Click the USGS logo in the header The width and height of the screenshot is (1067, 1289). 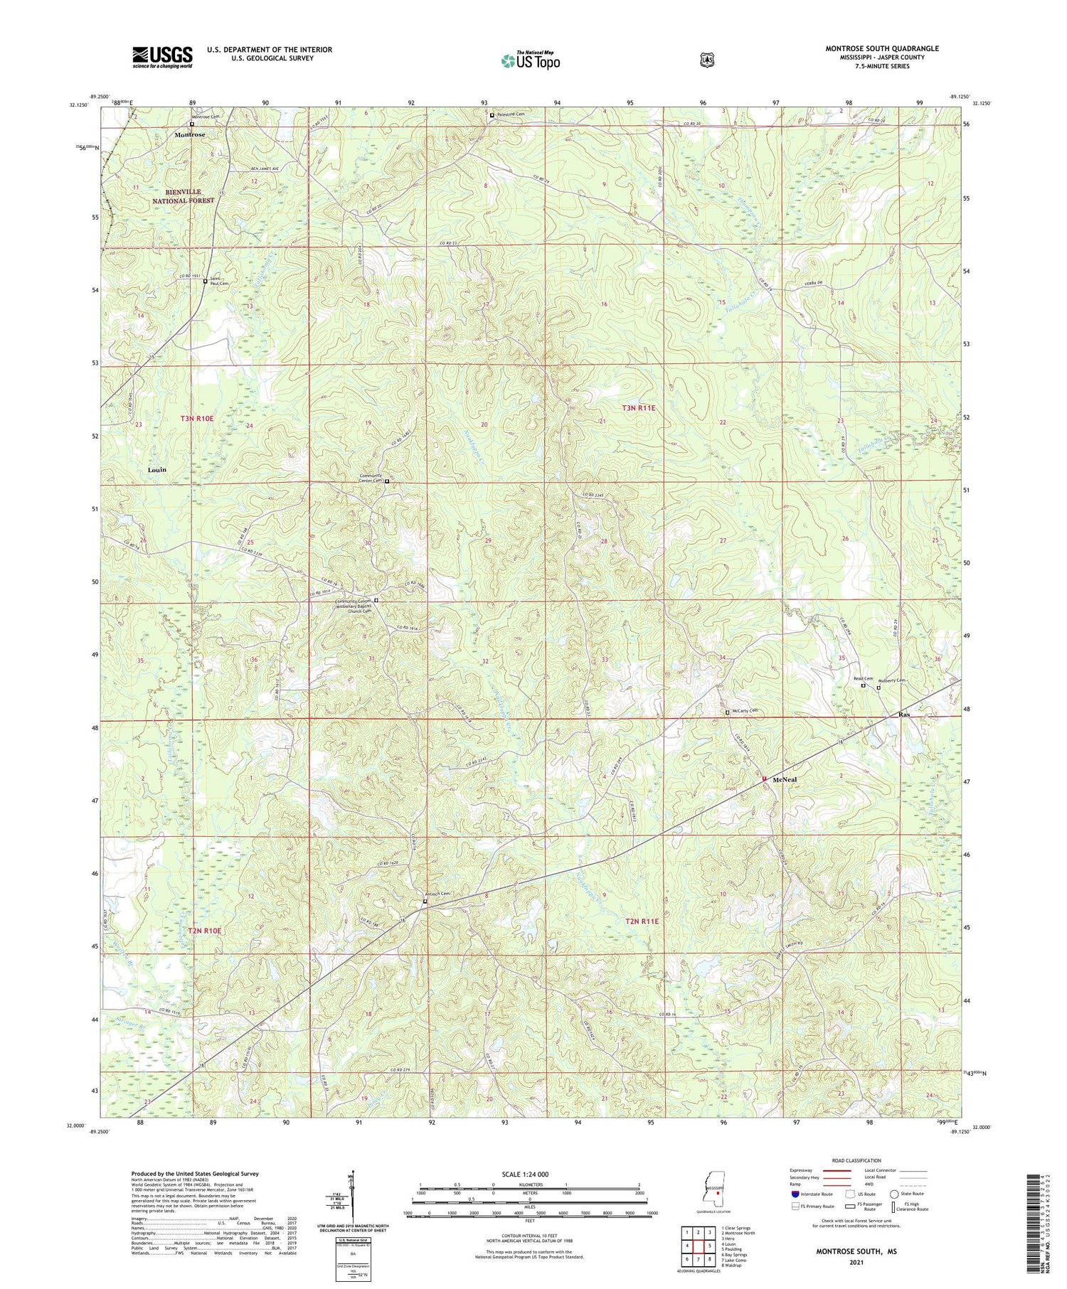162,57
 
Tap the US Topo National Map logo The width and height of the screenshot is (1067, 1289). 530,60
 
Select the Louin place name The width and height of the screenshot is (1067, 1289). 156,470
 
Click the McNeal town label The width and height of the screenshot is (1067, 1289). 785,779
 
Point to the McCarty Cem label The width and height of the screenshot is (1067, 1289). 745,711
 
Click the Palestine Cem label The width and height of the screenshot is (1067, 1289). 510,114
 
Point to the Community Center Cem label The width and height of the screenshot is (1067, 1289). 371,478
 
